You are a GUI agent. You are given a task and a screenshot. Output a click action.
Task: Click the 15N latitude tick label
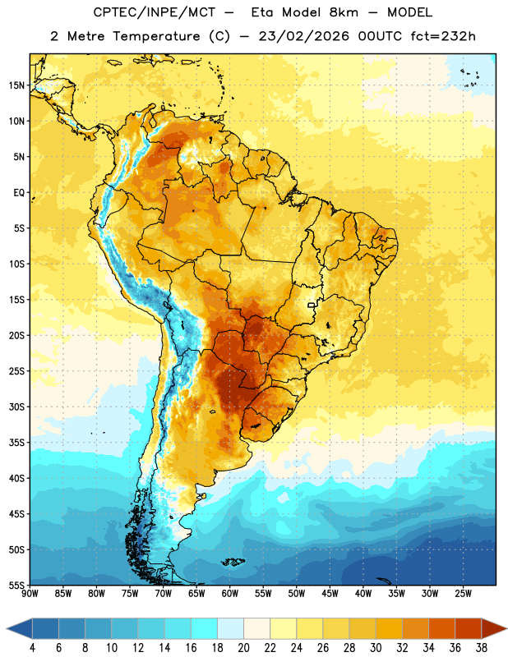tap(16, 85)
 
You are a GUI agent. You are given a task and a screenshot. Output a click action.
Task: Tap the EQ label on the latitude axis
tap(19, 193)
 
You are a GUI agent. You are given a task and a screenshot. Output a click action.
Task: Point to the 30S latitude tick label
tap(16, 407)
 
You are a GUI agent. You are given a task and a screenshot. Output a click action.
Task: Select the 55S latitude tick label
tap(16, 585)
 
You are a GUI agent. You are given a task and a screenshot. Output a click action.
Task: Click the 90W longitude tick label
tap(30, 594)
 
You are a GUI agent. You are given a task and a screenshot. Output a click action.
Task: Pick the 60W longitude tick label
tap(230, 594)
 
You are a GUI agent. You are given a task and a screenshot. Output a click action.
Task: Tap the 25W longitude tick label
tap(463, 594)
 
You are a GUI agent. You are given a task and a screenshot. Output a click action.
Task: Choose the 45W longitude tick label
tap(330, 594)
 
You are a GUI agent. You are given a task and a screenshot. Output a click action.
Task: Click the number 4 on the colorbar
tap(32, 648)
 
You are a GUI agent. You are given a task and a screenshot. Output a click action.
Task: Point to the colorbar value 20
tap(243, 648)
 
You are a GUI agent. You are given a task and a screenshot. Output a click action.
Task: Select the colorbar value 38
tap(482, 648)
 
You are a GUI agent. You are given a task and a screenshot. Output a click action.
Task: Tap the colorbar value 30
tap(376, 648)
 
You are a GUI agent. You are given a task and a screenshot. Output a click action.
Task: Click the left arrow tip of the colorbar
tap(7, 628)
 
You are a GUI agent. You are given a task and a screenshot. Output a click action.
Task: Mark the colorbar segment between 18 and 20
tap(231, 628)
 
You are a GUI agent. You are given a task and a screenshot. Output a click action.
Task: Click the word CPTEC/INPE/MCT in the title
tap(155, 12)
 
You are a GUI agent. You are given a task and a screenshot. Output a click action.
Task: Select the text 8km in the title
tap(344, 12)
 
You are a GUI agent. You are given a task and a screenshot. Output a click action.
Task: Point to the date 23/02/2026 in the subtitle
tap(303, 36)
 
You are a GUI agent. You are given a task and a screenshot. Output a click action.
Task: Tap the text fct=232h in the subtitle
tap(443, 36)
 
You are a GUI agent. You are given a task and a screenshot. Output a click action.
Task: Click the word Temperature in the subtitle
tap(156, 36)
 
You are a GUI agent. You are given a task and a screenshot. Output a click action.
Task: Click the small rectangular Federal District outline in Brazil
tap(312, 305)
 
